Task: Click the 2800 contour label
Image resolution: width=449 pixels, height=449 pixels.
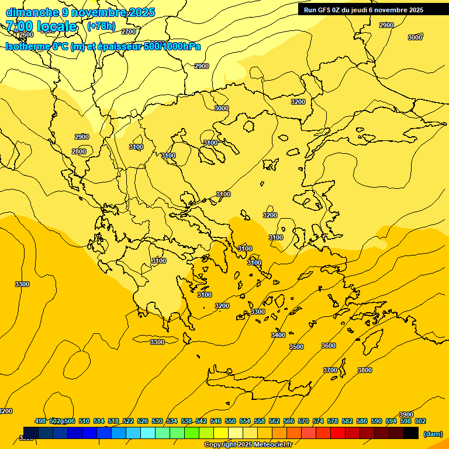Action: tap(79, 151)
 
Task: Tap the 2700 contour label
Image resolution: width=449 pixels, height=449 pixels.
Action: tap(129, 32)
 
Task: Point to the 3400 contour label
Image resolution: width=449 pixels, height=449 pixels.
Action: tap(278, 335)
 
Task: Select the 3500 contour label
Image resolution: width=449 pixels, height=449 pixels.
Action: tap(296, 347)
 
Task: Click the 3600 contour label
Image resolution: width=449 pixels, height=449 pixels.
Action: tap(329, 346)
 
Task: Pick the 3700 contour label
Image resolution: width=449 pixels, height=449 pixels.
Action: tap(330, 370)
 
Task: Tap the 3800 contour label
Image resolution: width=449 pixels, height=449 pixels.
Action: tap(364, 370)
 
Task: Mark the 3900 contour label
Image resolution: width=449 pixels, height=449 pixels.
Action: tap(406, 415)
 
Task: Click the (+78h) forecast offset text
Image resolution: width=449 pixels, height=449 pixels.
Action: tap(101, 26)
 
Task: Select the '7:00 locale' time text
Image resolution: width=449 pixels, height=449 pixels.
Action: tap(41, 26)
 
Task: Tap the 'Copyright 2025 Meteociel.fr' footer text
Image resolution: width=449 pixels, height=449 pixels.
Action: tap(248, 445)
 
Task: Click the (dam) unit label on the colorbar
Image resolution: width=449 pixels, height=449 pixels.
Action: tap(433, 434)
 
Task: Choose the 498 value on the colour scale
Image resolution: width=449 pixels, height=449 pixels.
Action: tap(40, 421)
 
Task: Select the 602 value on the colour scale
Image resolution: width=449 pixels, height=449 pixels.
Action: tap(420, 421)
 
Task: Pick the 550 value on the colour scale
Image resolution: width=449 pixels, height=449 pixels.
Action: tap(230, 421)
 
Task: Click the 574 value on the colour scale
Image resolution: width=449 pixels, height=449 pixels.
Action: tap(318, 421)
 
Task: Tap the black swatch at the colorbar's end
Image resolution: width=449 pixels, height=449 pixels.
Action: tap(411, 433)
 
